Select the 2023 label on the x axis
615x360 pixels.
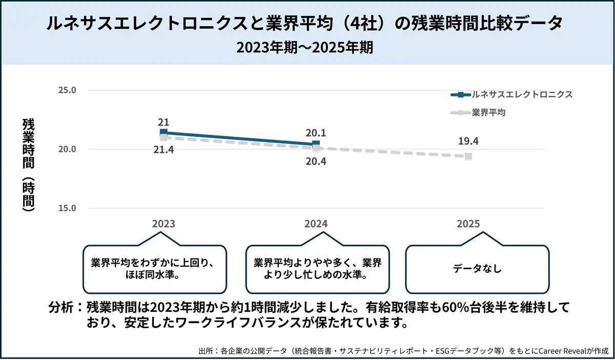(163, 224)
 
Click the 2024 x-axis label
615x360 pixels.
(316, 224)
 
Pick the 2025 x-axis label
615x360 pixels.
(468, 224)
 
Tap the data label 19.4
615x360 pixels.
(468, 142)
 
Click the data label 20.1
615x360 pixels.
(316, 133)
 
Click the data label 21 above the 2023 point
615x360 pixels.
(163, 122)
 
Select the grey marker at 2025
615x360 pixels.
(468, 156)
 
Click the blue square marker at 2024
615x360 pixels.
(316, 144)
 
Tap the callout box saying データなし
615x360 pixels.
(477, 268)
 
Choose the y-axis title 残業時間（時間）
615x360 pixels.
(29, 165)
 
